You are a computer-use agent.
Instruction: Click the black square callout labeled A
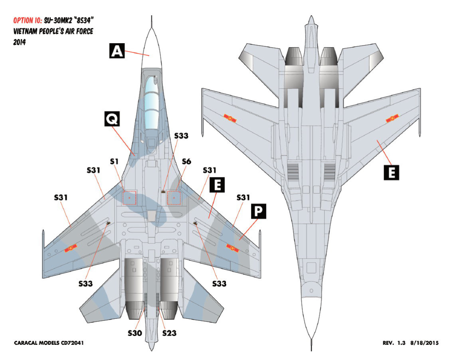click(x=116, y=52)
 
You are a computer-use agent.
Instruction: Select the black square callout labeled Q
click(x=112, y=118)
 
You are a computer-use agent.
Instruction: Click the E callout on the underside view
click(x=391, y=172)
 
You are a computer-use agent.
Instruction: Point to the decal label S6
click(x=186, y=161)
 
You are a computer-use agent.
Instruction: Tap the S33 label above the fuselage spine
click(x=181, y=136)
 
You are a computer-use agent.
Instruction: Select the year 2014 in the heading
click(x=20, y=42)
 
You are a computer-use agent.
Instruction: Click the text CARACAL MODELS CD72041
click(x=49, y=343)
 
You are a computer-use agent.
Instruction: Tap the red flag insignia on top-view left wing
click(x=71, y=250)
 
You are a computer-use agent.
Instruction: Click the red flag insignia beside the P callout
click(x=232, y=248)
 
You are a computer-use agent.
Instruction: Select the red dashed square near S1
click(x=129, y=197)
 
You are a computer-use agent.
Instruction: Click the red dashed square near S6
click(x=174, y=197)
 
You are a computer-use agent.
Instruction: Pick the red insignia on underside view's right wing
click(x=392, y=119)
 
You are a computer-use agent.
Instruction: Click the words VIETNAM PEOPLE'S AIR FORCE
click(x=53, y=31)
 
